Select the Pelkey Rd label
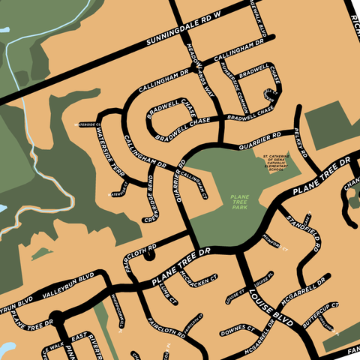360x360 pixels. pos(302,142)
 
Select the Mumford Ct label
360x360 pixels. pos(275,244)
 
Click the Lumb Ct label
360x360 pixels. pos(165,295)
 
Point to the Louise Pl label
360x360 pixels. pos(260,283)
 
